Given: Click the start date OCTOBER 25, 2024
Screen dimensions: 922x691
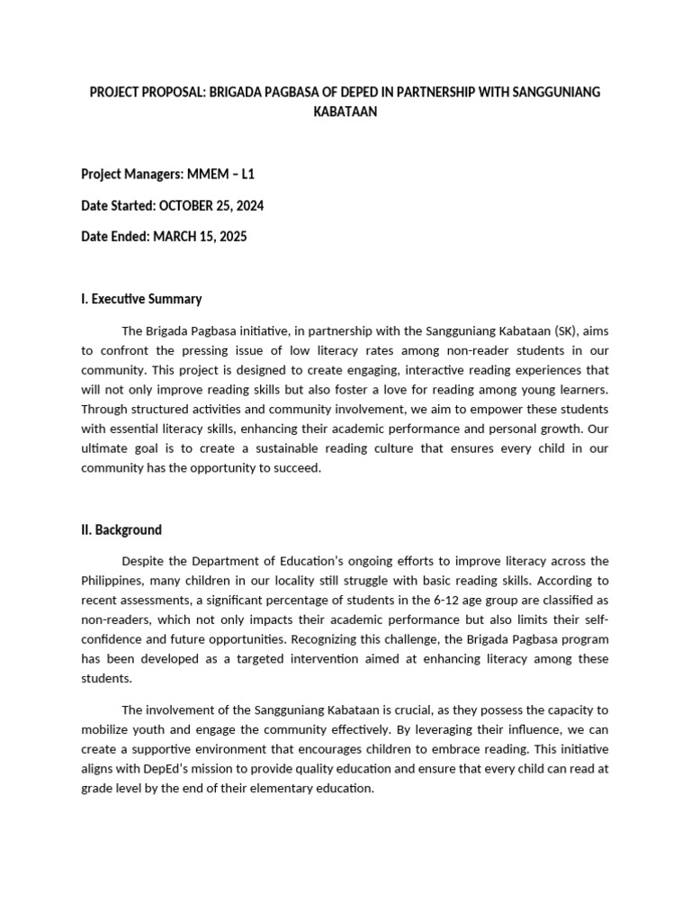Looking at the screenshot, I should [x=211, y=206].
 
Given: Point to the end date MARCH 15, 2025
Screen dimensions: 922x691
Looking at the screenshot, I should [x=199, y=238].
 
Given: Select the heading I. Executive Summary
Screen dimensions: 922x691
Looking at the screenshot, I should [x=141, y=299].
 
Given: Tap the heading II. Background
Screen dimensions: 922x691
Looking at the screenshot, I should [x=121, y=529].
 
